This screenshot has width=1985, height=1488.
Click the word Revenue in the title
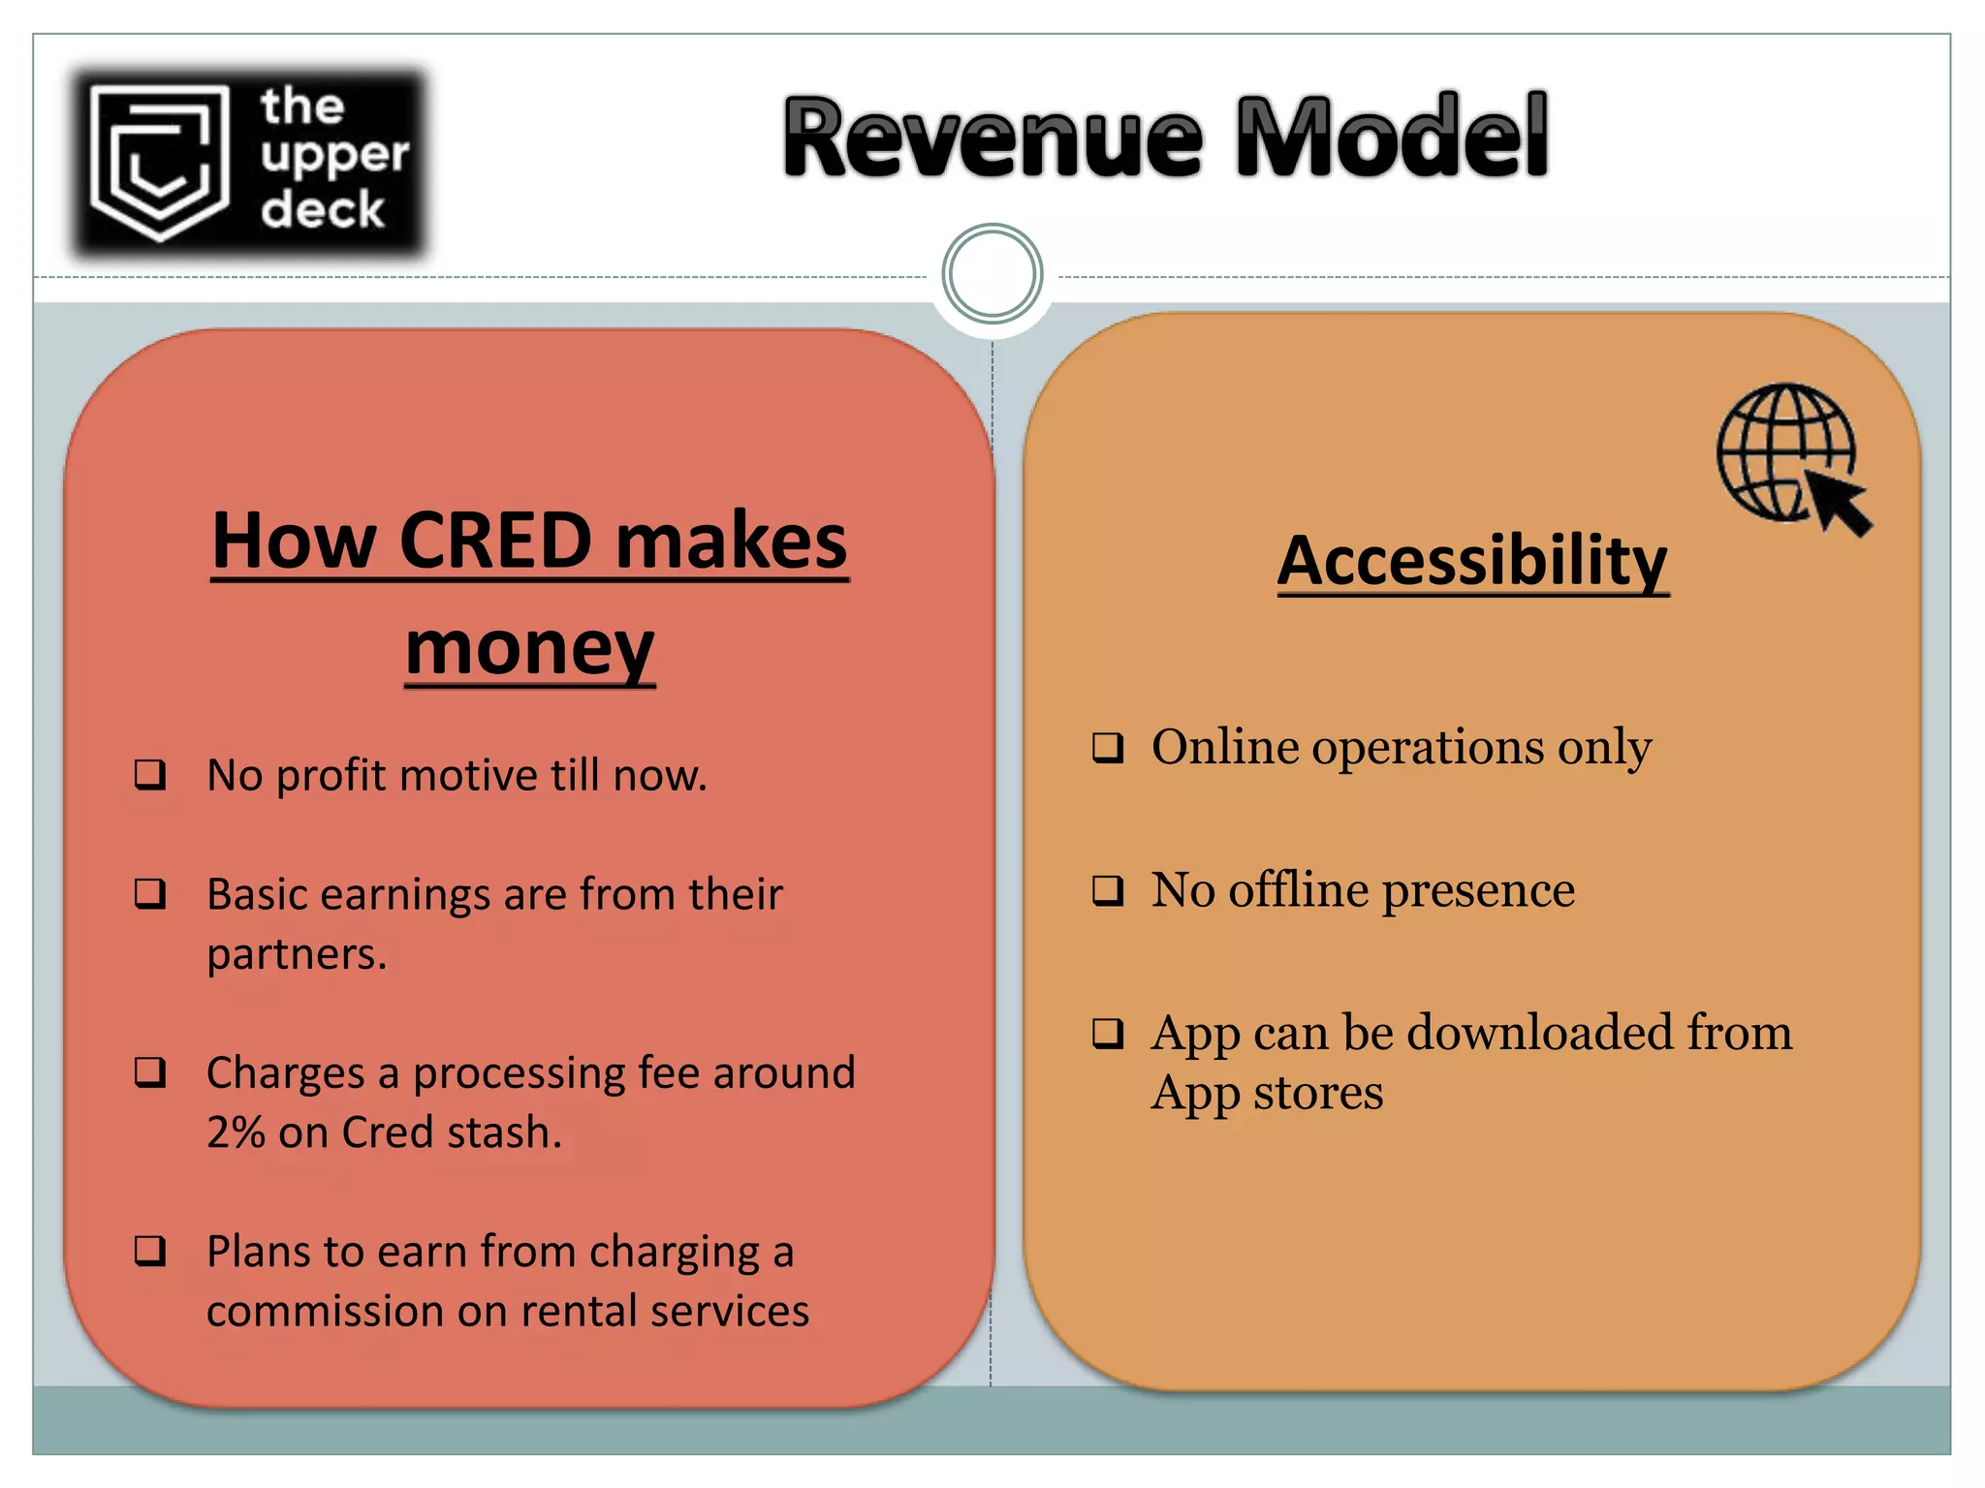click(993, 138)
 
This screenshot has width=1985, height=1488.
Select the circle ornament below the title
click(992, 274)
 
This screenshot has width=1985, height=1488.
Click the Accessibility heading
click(1472, 561)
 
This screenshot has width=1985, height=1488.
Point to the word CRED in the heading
click(494, 541)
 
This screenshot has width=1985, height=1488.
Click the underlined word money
click(529, 648)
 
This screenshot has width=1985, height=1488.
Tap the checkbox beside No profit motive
click(150, 774)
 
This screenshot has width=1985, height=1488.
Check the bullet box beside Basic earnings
click(150, 893)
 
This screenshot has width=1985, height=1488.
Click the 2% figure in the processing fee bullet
click(236, 1132)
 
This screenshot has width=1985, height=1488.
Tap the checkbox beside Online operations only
click(1108, 747)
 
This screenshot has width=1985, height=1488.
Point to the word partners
click(296, 955)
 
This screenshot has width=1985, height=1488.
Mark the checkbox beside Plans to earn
click(150, 1251)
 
